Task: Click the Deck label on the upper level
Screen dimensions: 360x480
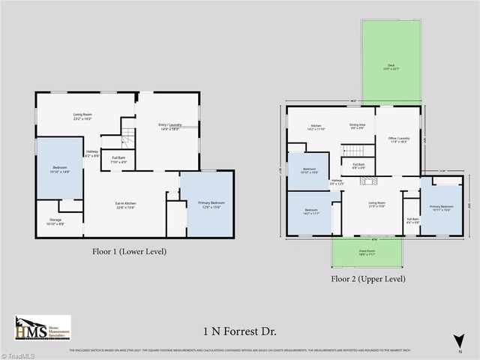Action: [391, 67]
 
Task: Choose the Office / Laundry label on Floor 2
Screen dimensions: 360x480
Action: [398, 139]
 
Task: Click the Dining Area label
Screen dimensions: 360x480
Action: [357, 126]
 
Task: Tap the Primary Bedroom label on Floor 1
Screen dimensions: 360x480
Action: [206, 205]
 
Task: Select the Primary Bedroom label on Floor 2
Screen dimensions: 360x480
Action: [441, 207]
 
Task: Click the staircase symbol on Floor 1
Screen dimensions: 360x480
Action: [127, 136]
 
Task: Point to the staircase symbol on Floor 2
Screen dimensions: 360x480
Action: [357, 150]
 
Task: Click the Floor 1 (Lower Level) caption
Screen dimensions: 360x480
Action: [129, 252]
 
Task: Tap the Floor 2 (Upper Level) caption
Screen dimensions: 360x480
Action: [368, 278]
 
